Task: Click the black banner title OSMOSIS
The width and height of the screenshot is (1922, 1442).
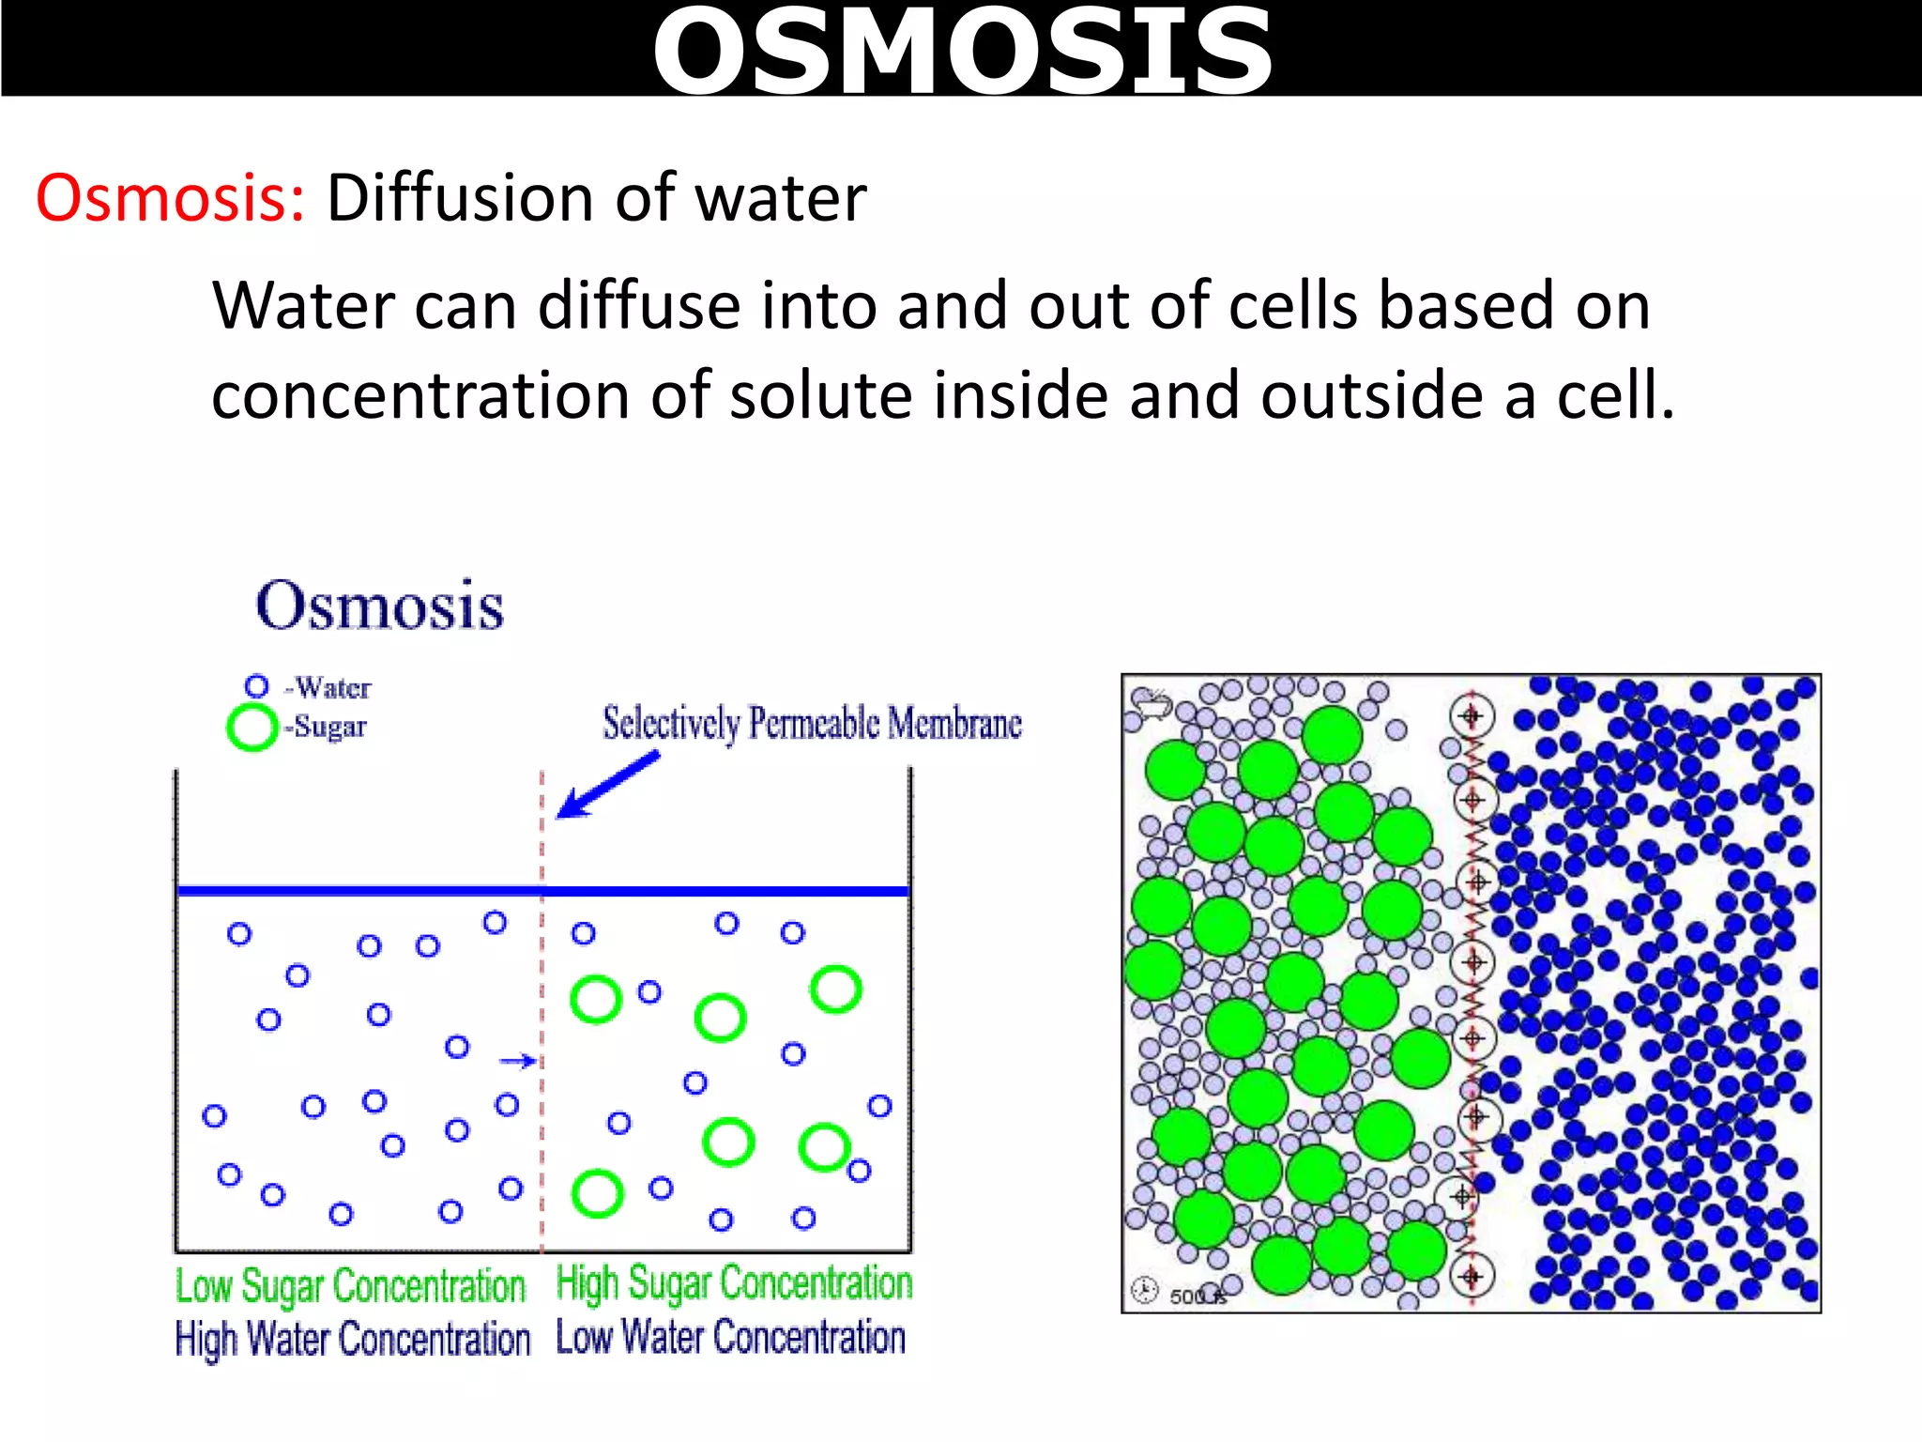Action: pyautogui.click(x=962, y=51)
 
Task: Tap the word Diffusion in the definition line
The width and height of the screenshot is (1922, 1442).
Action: pyautogui.click(x=459, y=199)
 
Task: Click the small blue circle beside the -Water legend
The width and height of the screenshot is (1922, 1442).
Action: pyautogui.click(x=256, y=686)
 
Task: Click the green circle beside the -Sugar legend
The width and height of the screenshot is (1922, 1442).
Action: pyautogui.click(x=252, y=728)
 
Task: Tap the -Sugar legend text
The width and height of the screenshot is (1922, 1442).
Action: pyautogui.click(x=327, y=727)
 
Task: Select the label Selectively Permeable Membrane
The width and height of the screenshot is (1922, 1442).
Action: pyautogui.click(x=812, y=724)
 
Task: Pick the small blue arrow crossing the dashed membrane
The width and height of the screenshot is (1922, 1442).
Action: pyautogui.click(x=517, y=1061)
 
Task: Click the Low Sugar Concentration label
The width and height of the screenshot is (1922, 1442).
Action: pyautogui.click(x=350, y=1286)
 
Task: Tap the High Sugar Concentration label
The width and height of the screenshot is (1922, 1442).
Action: pyautogui.click(x=734, y=1282)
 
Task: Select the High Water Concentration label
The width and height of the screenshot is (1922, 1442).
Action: pyautogui.click(x=353, y=1339)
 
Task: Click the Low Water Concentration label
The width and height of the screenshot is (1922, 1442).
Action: pyautogui.click(x=730, y=1337)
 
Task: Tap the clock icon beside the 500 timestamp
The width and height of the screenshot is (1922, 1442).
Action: pyautogui.click(x=1144, y=1291)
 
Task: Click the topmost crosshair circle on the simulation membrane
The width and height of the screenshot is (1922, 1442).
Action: pyautogui.click(x=1471, y=716)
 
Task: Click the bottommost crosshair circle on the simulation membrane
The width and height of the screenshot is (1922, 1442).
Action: pyautogui.click(x=1472, y=1276)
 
